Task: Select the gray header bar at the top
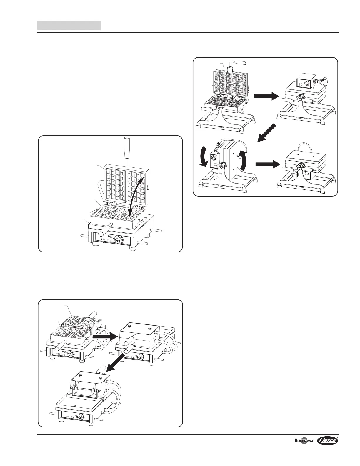(x=69, y=26)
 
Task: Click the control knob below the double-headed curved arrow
(x=118, y=240)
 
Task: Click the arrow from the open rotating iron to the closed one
(x=266, y=96)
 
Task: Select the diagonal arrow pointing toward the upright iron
(x=267, y=133)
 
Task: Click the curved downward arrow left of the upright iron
(x=203, y=159)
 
